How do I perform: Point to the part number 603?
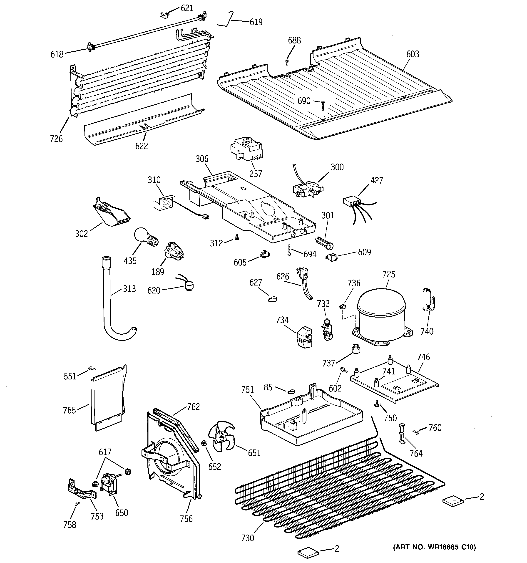click(x=413, y=54)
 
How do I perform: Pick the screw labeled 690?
click(x=323, y=105)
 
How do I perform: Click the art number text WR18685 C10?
click(x=435, y=547)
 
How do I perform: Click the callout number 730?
click(x=248, y=538)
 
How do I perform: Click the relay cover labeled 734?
click(x=304, y=337)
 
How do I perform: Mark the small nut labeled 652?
click(x=203, y=443)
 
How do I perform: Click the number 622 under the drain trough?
click(x=142, y=146)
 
